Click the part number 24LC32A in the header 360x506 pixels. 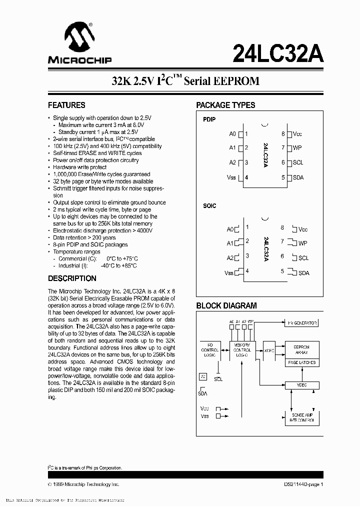[x=277, y=53]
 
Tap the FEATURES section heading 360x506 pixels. [x=66, y=105]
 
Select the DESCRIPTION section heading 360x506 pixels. [x=72, y=278]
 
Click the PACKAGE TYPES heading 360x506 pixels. [x=225, y=105]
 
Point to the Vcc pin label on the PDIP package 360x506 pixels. [x=297, y=134]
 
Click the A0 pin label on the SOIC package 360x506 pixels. [x=230, y=229]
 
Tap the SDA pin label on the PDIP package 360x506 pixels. [x=298, y=177]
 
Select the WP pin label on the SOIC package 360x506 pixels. [x=302, y=243]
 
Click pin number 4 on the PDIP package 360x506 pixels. [x=246, y=177]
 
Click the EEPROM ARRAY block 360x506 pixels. [x=301, y=349]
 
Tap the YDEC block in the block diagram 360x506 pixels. [x=301, y=385]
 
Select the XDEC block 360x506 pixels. [x=269, y=350]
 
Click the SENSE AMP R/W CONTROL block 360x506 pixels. [x=301, y=417]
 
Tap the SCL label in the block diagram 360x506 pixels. [x=218, y=379]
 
